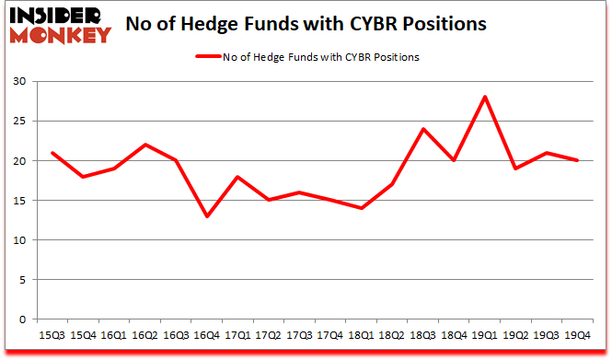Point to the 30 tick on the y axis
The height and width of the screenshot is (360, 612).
(22, 82)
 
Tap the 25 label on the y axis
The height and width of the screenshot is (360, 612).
(22, 122)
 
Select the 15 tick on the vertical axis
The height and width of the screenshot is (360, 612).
(22, 201)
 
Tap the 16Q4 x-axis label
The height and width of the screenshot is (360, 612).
(207, 335)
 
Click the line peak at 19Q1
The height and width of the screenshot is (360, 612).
(484, 97)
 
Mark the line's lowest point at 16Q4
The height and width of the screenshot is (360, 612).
(207, 216)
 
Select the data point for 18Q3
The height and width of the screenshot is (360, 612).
(423, 129)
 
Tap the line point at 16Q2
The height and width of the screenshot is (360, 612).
(145, 145)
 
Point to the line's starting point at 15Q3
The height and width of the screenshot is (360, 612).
(52, 153)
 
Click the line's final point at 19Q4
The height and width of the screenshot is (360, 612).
(577, 160)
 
